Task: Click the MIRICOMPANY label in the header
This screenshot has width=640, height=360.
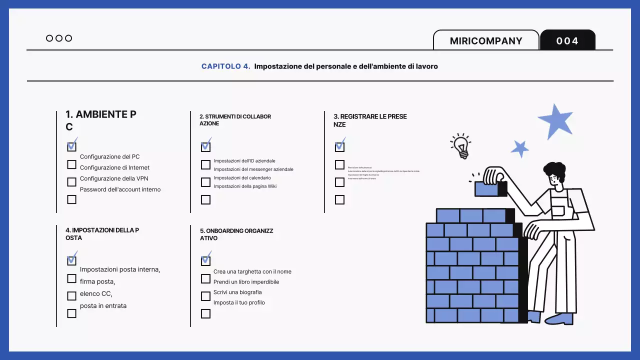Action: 486,41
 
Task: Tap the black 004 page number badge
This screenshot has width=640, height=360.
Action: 567,41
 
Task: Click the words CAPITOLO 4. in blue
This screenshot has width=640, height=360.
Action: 225,66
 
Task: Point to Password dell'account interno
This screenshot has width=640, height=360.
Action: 120,189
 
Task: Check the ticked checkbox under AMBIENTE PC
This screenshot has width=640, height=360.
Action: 71,146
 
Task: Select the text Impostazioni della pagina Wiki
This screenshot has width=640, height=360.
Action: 245,186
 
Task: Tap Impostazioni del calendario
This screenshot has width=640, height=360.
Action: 242,178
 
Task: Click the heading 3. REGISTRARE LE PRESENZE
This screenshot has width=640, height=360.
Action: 370,120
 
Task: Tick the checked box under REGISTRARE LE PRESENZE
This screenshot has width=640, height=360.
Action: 339,146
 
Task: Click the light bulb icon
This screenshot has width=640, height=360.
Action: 460,145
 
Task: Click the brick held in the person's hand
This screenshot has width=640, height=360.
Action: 490,188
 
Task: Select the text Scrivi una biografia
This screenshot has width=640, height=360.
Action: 237,292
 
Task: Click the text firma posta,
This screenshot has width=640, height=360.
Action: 97,281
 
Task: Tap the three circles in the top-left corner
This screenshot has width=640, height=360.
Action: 59,38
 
